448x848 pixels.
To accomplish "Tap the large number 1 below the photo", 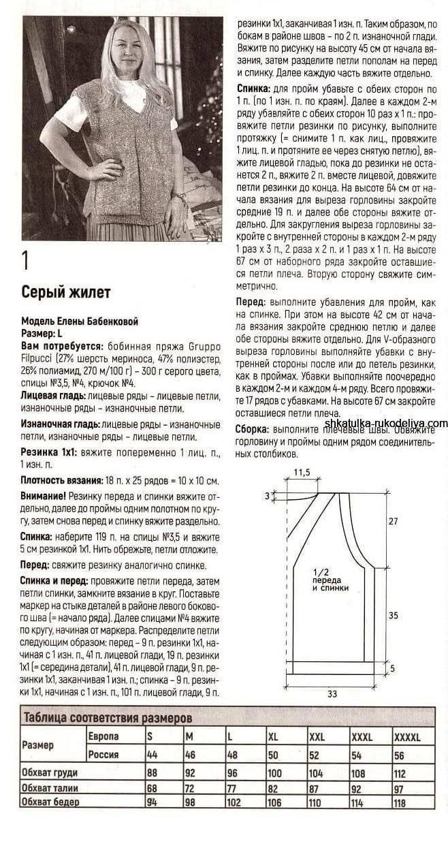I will click(x=26, y=262).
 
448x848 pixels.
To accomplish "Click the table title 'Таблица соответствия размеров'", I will click(x=108, y=717).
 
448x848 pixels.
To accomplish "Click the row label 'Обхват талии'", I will click(x=49, y=788).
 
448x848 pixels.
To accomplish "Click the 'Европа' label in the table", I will click(x=103, y=736).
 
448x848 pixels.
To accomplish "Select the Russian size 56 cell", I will click(x=400, y=755).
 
